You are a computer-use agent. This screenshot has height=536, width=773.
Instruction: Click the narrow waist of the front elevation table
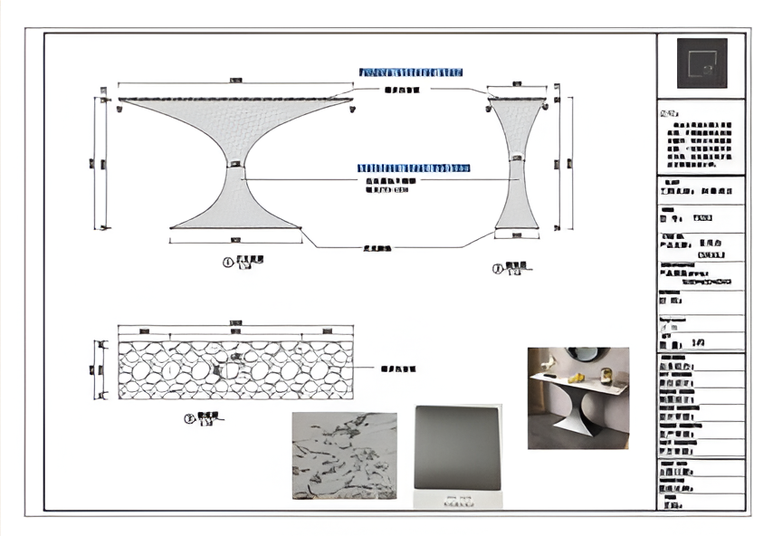pyautogui.click(x=235, y=166)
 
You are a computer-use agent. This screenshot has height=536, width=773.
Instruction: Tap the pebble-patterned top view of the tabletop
pyautogui.click(x=235, y=369)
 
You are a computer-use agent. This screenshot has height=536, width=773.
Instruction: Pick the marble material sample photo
pyautogui.click(x=344, y=455)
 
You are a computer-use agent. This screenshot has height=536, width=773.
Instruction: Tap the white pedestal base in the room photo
pyautogui.click(x=577, y=418)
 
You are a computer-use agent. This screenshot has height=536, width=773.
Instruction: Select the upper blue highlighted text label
pyautogui.click(x=411, y=72)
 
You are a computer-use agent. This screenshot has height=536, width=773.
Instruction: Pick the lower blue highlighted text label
pyautogui.click(x=413, y=168)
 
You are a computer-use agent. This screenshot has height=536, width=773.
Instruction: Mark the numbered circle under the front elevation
pyautogui.click(x=228, y=263)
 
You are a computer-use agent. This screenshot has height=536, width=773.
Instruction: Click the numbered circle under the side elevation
pyautogui.click(x=498, y=268)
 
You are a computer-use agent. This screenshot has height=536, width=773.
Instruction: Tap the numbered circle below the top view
pyautogui.click(x=189, y=419)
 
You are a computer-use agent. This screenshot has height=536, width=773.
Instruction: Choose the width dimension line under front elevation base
pyautogui.click(x=235, y=240)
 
